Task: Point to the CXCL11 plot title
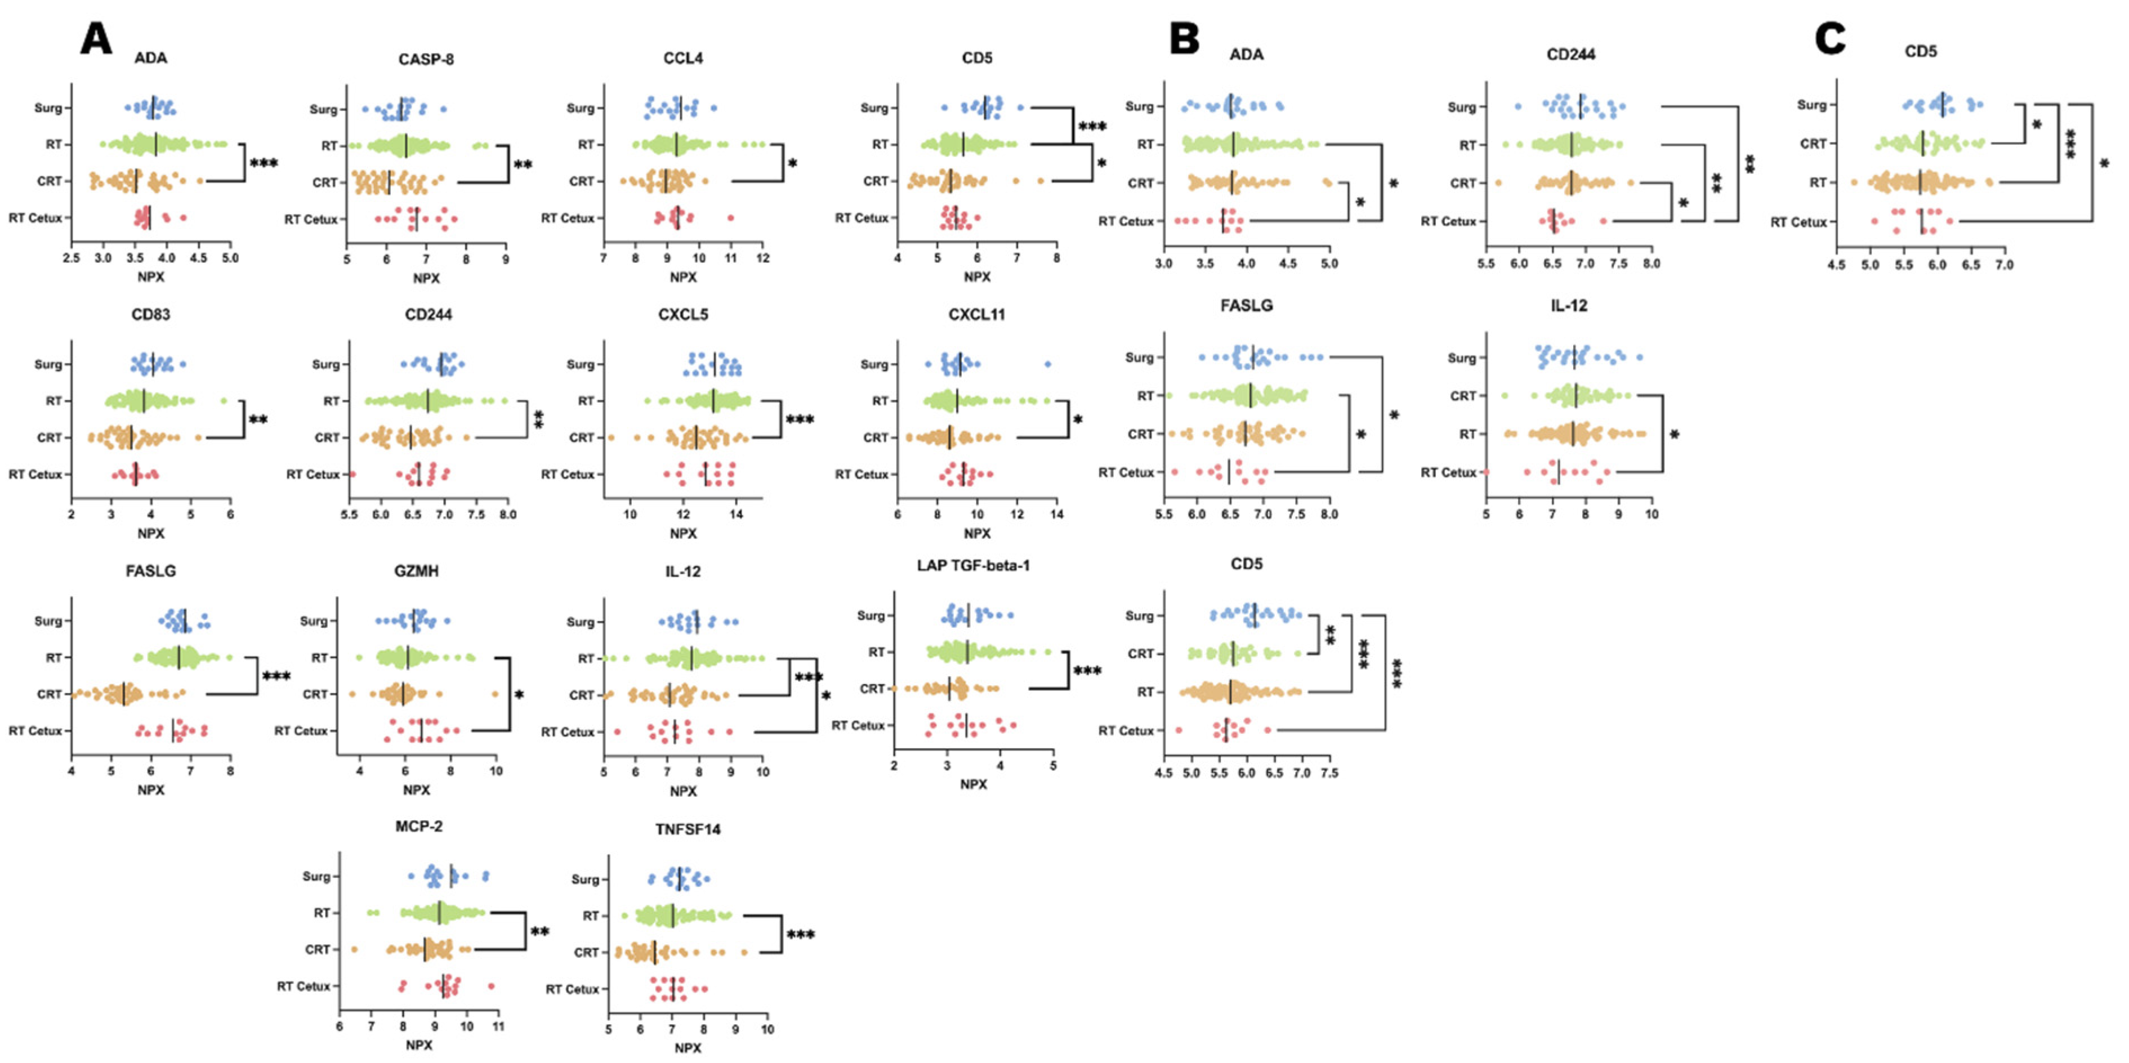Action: point(977,315)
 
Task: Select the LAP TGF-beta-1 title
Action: point(973,566)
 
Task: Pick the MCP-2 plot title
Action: point(419,827)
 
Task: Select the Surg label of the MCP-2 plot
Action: point(316,876)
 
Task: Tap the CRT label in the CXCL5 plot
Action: point(581,438)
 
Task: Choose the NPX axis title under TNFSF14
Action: point(688,1048)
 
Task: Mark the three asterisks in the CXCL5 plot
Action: point(799,420)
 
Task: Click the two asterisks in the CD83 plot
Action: point(258,420)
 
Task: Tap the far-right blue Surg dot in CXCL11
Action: point(1048,364)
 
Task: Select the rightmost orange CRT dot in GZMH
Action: point(495,694)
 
